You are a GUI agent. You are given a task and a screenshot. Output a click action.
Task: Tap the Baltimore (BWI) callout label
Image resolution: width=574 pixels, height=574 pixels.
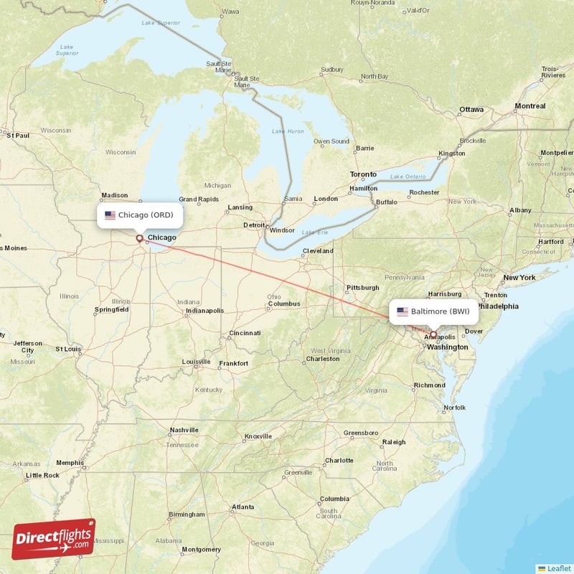pos(433,311)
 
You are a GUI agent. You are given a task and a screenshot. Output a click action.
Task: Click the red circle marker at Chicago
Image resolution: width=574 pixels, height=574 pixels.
pos(139,237)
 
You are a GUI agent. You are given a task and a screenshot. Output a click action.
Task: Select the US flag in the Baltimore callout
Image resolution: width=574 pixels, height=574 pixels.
pos(403,311)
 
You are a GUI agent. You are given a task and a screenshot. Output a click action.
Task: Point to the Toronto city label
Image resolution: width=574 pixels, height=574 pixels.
pos(362,174)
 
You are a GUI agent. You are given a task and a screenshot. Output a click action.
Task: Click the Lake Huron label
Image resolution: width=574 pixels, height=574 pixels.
pos(287,131)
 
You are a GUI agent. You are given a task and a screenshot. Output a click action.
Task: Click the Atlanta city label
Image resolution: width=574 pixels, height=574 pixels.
pos(242,507)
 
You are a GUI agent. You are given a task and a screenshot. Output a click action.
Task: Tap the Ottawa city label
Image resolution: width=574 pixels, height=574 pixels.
pos(471,109)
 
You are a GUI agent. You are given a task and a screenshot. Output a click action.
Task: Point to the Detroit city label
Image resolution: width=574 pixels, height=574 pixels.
pos(254,225)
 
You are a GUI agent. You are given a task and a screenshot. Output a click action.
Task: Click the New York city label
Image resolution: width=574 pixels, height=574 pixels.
pos(519,277)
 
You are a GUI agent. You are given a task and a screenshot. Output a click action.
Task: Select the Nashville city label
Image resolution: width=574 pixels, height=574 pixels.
pos(184,430)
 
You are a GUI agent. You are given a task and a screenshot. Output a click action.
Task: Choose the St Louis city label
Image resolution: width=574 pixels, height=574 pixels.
pos(68,349)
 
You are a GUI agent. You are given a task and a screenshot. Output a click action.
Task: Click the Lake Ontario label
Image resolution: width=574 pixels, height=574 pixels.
pos(407,177)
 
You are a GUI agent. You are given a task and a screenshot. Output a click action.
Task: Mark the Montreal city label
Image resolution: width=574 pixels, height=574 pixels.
pos(530,106)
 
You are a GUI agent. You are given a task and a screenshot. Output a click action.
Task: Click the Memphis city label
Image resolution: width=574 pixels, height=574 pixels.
pos(70,463)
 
